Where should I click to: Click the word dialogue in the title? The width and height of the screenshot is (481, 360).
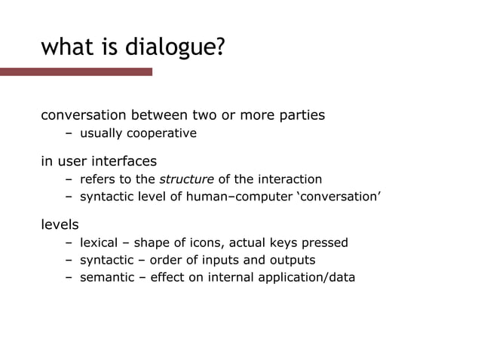pos(173,47)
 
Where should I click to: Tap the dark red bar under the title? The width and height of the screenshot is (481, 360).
pos(75,72)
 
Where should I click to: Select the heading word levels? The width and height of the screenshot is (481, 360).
pos(60,224)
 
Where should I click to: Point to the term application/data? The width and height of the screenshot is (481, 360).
pos(306,277)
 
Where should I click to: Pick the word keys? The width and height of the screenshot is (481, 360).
pos(283,243)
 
